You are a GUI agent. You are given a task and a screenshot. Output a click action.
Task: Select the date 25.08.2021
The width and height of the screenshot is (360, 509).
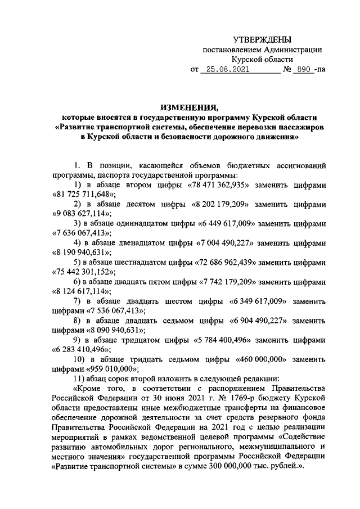coord(226,70)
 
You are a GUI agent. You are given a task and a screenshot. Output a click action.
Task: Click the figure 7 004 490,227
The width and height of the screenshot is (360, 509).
coord(230,243)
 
